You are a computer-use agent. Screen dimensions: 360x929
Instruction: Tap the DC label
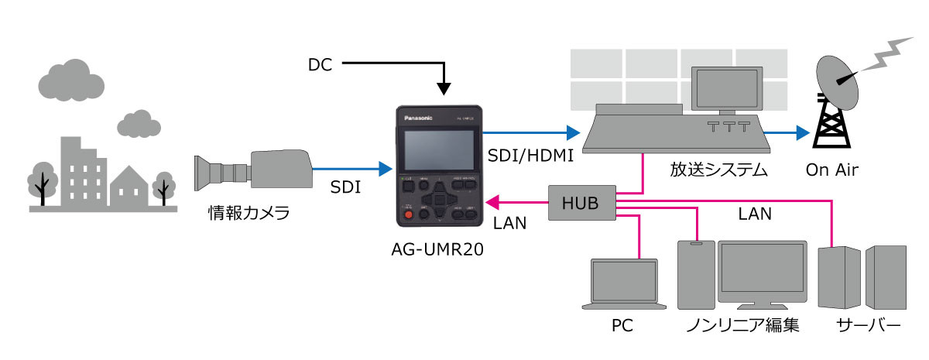coord(320,65)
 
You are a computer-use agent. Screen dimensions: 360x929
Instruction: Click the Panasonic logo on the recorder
coord(420,118)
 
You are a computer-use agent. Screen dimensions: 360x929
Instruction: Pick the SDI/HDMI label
coord(530,156)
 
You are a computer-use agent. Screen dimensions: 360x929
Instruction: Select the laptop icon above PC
coord(625,283)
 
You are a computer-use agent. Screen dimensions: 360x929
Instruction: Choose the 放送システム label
coord(718,170)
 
